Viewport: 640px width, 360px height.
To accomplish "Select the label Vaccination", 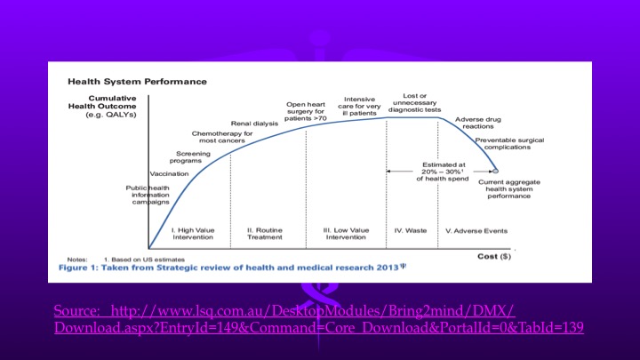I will click(x=169, y=173).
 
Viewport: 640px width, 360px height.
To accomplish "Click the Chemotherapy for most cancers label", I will click(x=222, y=137).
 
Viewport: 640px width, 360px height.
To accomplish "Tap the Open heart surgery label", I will click(x=306, y=110).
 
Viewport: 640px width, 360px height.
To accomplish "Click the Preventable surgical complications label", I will click(x=509, y=144).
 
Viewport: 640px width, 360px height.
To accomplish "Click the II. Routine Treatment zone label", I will click(x=264, y=234).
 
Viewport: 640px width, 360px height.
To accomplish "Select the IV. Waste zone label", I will click(x=410, y=230).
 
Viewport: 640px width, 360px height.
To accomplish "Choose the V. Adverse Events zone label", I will click(x=476, y=230).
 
